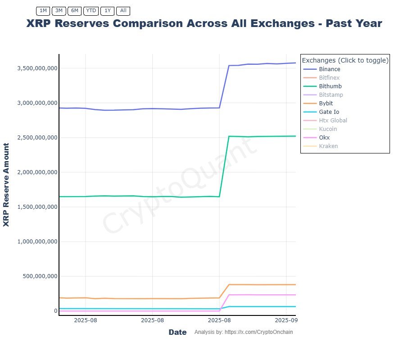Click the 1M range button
[x=43, y=10]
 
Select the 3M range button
[x=59, y=10]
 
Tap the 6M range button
[x=74, y=10]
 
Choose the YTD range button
[x=91, y=10]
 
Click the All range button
[x=123, y=10]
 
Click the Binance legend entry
[x=329, y=69]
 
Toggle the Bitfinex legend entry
[x=329, y=78]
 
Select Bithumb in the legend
[x=330, y=86]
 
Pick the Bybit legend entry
[x=326, y=103]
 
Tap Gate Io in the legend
[x=329, y=112]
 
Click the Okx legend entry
[x=324, y=138]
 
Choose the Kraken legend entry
[x=328, y=146]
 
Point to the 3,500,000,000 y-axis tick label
[x=37, y=68]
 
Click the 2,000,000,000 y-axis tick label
[x=37, y=172]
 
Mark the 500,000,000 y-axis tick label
[x=40, y=276]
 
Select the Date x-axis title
[x=177, y=333]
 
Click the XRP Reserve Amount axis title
[x=6, y=185]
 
